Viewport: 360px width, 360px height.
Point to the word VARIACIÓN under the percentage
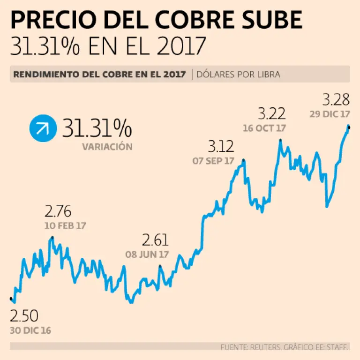pyautogui.click(x=107, y=147)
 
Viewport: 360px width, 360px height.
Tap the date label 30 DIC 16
pyautogui.click(x=30, y=330)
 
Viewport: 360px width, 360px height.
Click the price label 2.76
pyautogui.click(x=59, y=211)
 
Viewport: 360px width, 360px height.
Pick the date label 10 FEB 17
pyautogui.click(x=65, y=225)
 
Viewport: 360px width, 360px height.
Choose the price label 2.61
pyautogui.click(x=155, y=240)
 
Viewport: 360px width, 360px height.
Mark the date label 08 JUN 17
pyautogui.click(x=147, y=255)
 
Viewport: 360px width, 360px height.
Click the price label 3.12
pyautogui.click(x=221, y=147)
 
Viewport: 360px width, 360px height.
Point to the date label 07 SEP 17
pyautogui.click(x=213, y=161)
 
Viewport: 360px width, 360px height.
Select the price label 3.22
pyautogui.click(x=272, y=113)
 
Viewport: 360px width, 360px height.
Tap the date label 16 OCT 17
pyautogui.click(x=264, y=127)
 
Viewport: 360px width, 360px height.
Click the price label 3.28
pyautogui.click(x=336, y=99)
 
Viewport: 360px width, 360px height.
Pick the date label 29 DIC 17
pyautogui.click(x=330, y=113)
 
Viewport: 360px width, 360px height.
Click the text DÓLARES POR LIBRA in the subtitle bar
pyautogui.click(x=239, y=74)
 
